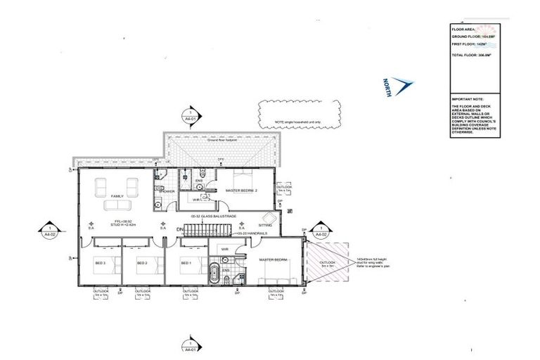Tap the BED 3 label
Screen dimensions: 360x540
[101, 263]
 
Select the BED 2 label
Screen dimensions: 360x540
[142, 263]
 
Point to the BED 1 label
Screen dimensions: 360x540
[186, 263]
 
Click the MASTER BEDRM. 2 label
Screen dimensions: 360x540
[242, 191]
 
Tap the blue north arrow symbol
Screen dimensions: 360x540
[401, 86]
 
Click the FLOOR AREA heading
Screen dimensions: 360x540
[463, 30]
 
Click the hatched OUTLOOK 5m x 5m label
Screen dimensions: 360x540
[328, 264]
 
